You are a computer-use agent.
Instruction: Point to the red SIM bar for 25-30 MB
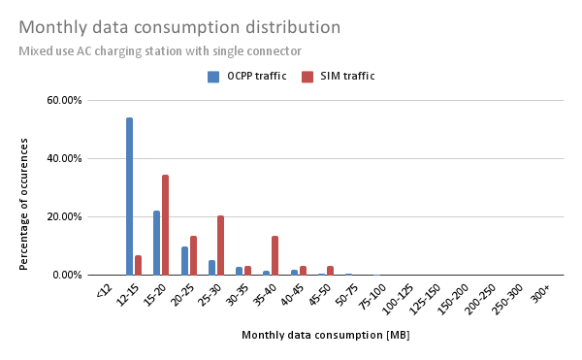[x=220, y=245]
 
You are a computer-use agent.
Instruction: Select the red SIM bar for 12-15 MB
[x=138, y=265]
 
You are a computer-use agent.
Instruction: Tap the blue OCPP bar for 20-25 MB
[x=184, y=261]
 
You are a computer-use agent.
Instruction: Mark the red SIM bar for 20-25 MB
[x=193, y=255]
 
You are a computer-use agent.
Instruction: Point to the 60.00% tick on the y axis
[x=66, y=100]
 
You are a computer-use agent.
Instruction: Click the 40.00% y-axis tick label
[x=66, y=158]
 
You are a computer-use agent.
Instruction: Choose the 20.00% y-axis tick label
[x=66, y=216]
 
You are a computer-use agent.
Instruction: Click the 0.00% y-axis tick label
[x=69, y=275]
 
